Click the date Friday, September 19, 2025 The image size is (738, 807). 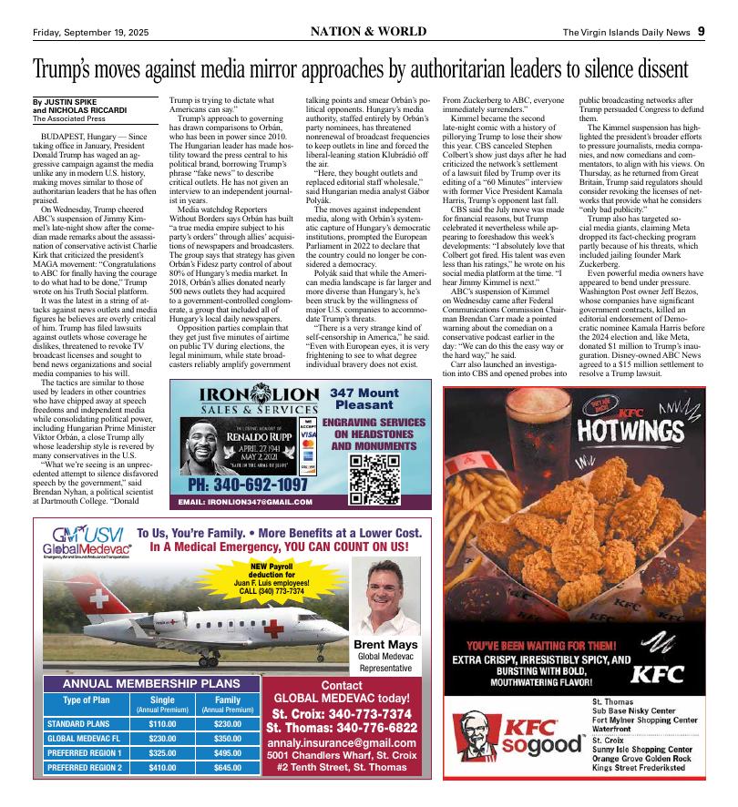(87, 31)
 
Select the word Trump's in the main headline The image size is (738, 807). (72, 69)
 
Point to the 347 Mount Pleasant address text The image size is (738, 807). (364, 399)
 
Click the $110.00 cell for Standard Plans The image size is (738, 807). (161, 723)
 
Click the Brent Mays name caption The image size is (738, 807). (385, 645)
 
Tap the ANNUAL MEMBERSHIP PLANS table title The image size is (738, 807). (150, 684)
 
